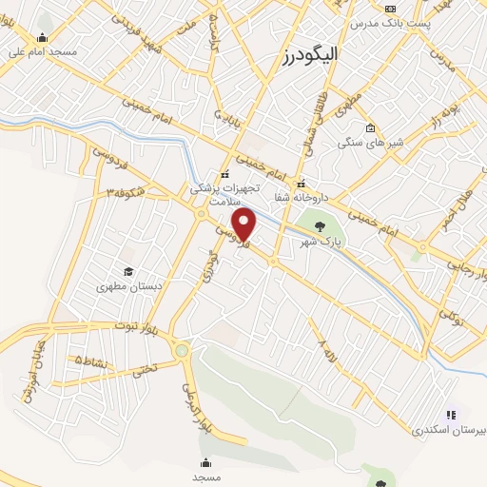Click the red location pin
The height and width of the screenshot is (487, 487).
click(244, 224)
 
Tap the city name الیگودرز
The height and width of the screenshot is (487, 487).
click(311, 56)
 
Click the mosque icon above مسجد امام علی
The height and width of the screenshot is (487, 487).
click(42, 38)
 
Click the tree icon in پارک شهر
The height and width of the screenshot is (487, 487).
click(320, 226)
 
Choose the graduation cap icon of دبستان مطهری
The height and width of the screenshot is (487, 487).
click(127, 271)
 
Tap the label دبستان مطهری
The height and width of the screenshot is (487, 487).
click(127, 285)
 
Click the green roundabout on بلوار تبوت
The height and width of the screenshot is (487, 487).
click(182, 351)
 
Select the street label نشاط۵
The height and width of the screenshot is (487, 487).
click(90, 361)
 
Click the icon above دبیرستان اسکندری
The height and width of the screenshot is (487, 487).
click(451, 415)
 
